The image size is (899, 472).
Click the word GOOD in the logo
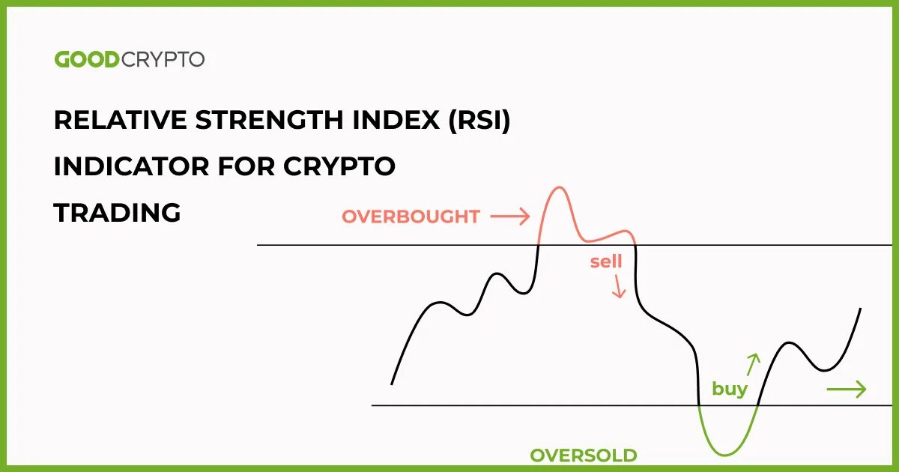[x=86, y=60]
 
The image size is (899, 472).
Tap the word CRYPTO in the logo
[x=162, y=60]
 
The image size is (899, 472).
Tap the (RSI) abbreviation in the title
[x=479, y=120]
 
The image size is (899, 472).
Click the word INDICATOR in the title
[x=131, y=166]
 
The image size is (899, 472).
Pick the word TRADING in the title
[x=117, y=213]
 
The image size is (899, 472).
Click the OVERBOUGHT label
[x=411, y=217]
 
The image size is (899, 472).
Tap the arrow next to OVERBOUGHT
[x=509, y=217]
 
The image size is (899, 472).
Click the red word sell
[x=606, y=261]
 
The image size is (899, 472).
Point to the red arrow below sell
[x=618, y=287]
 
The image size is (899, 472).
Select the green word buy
[x=729, y=389]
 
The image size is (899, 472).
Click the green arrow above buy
[x=752, y=363]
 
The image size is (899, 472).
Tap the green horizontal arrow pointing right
[x=846, y=389]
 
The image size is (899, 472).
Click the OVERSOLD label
[x=583, y=456]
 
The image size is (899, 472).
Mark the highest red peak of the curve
[x=557, y=187]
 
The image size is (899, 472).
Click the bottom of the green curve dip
[x=725, y=454]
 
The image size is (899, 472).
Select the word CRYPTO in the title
[x=339, y=166]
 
